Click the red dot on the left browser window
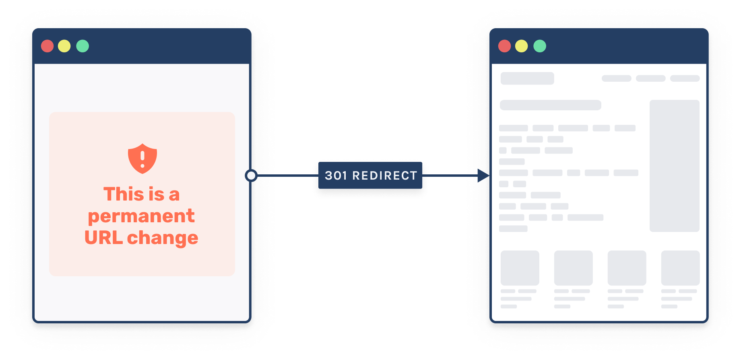coord(47,46)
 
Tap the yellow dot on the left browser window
coord(64,46)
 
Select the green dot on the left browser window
coord(83,46)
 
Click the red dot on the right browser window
coord(504,46)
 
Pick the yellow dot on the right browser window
coord(522,46)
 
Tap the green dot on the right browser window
coord(540,46)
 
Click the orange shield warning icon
coord(142,159)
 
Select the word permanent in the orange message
coord(141,216)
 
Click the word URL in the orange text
coord(103,238)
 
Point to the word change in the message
coord(163,238)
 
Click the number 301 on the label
coord(336,176)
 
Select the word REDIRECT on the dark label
coord(384,176)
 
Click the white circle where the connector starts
coord(251,176)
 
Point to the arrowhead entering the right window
coord(483,176)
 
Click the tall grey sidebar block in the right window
coord(675,166)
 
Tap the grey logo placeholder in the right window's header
coord(527,78)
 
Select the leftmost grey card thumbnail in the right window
coord(520,268)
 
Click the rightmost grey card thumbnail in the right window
coord(680,268)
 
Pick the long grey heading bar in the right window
coord(550,105)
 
